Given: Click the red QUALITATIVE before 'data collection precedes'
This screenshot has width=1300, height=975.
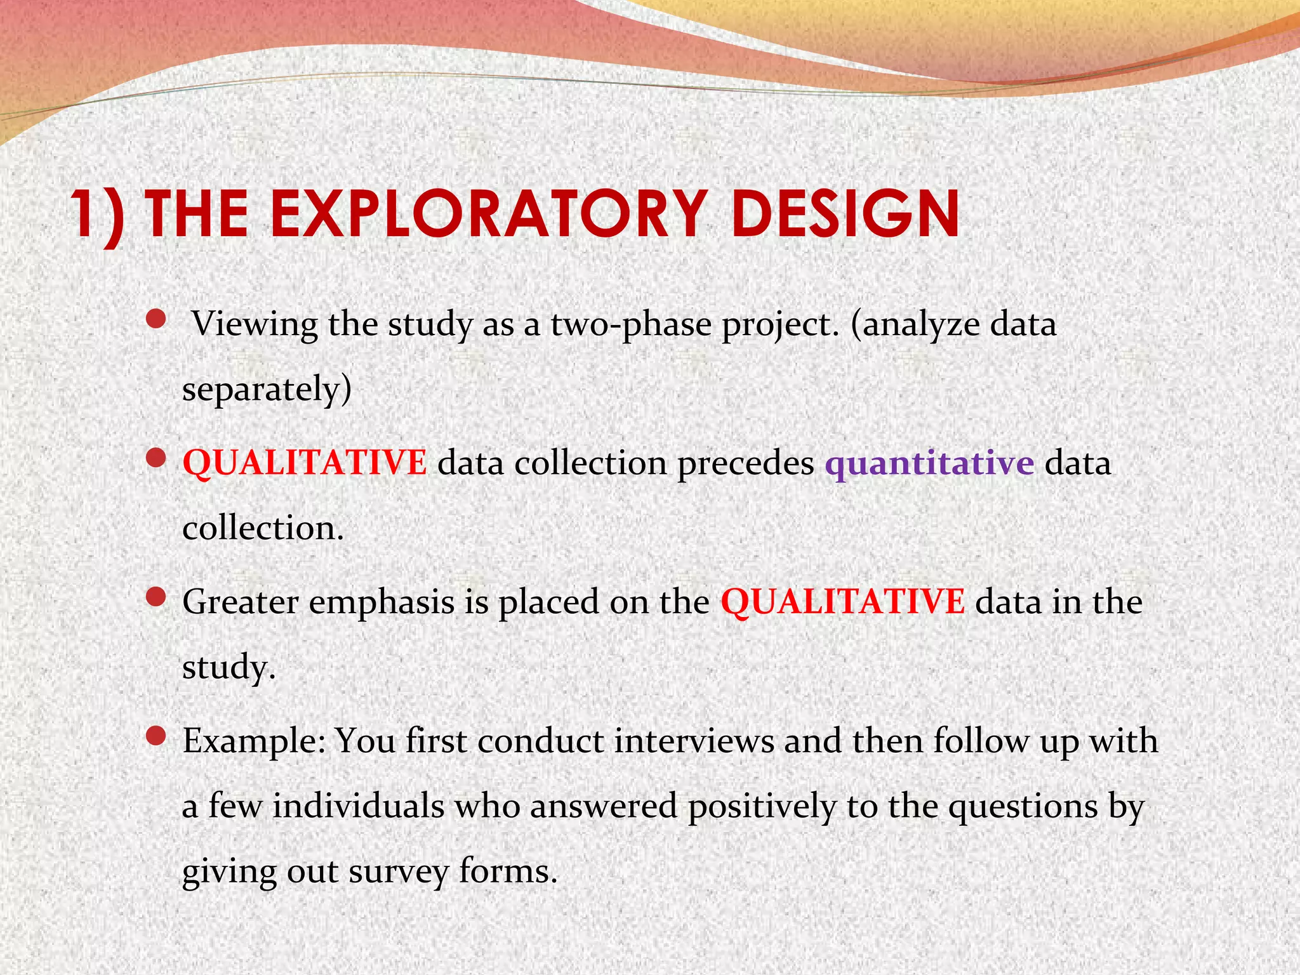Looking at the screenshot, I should (305, 462).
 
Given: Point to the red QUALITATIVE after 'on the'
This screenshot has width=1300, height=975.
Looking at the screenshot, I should (842, 601).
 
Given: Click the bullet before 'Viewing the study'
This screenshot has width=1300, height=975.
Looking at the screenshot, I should (156, 319).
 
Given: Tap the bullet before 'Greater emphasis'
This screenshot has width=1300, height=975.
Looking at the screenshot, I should (156, 597).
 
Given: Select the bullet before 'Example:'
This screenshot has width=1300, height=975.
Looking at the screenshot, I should (156, 736).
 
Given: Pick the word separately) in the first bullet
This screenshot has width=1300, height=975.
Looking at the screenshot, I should (267, 390).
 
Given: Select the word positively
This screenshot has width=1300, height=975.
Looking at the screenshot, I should (762, 807).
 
